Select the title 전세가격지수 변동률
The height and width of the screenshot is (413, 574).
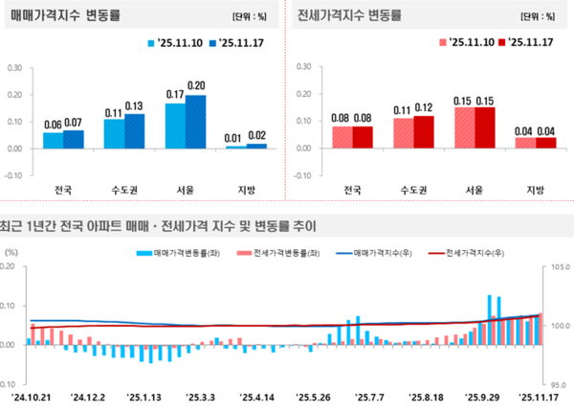click(348, 16)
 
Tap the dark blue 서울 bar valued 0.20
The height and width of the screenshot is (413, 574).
click(195, 122)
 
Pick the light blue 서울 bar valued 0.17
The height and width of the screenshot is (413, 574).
click(175, 126)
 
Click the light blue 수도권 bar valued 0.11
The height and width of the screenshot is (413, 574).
click(114, 133)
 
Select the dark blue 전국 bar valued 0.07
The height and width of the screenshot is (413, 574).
click(74, 139)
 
